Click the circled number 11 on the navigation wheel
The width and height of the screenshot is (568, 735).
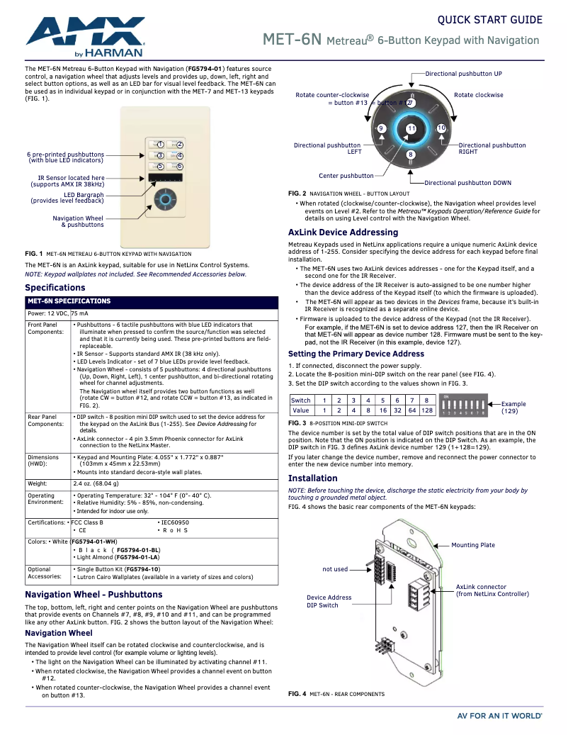411,128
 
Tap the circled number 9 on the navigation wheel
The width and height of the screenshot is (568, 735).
382,128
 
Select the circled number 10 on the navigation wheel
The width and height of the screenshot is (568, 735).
441,128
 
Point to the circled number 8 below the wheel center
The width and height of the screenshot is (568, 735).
411,155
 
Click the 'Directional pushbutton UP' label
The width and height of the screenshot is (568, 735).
463,74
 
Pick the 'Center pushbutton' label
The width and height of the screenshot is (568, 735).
346,176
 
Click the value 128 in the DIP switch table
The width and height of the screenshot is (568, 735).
427,410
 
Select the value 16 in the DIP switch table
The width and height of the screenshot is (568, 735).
382,410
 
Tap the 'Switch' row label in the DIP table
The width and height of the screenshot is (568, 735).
301,400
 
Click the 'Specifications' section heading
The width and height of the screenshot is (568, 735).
55,288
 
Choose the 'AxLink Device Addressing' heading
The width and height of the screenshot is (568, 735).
343,232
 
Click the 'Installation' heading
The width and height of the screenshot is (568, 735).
312,478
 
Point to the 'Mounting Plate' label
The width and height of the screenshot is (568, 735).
473,545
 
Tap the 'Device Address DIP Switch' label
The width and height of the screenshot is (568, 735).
329,602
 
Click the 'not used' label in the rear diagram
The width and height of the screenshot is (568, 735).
335,569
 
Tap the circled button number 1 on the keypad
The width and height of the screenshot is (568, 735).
161,145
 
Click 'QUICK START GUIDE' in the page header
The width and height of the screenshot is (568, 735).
489,20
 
